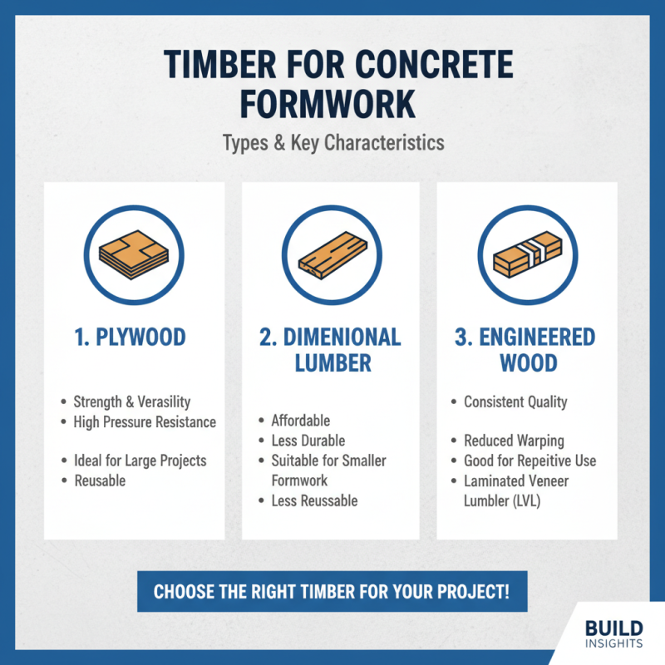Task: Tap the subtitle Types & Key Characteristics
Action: coord(332,142)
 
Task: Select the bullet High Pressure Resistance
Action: coord(144,422)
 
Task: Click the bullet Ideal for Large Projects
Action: coord(140,460)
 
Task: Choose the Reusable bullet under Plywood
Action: coord(99,480)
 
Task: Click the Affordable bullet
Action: coord(300,421)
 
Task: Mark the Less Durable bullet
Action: coord(308,441)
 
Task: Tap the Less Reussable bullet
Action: coord(314,500)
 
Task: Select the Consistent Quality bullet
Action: coord(515,401)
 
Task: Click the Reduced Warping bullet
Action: coord(514,441)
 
